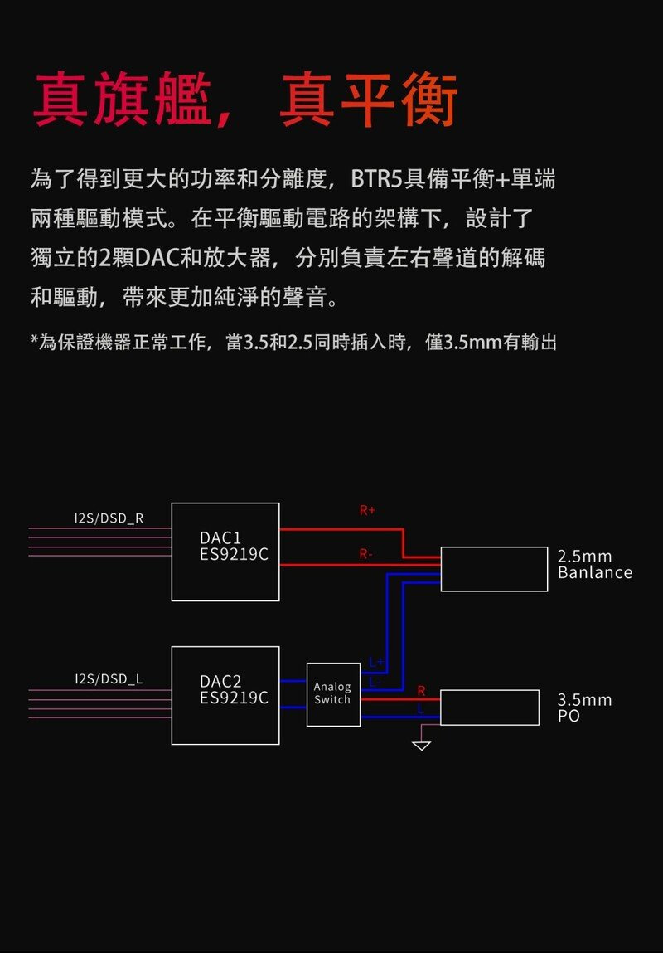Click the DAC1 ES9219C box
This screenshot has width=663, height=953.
[x=225, y=552]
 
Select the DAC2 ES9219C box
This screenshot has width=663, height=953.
[x=225, y=695]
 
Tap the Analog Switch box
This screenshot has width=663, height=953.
[x=333, y=694]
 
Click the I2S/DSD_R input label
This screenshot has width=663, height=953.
[x=109, y=519]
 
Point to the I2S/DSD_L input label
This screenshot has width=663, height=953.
[x=109, y=679]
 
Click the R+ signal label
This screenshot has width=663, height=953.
[x=367, y=511]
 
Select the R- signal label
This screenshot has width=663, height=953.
[x=365, y=553]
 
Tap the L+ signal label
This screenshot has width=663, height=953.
[x=375, y=663]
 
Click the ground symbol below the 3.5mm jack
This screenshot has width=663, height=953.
[x=422, y=745]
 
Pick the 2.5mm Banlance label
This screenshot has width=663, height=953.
[x=594, y=564]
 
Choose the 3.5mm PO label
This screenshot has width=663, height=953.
[x=584, y=707]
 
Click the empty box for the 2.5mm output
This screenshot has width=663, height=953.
[x=494, y=569]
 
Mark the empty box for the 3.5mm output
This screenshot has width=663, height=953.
[x=494, y=707]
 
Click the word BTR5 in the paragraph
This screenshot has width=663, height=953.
[x=375, y=178]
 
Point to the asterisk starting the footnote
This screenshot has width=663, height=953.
[x=34, y=342]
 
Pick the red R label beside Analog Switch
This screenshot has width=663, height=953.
[x=421, y=691]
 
